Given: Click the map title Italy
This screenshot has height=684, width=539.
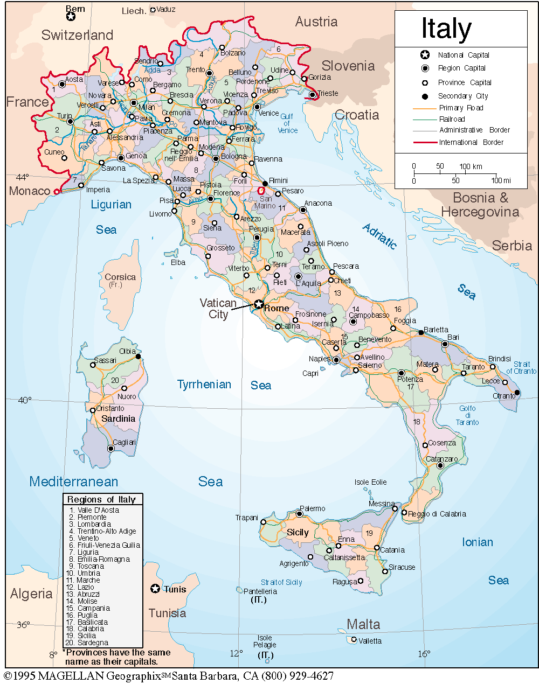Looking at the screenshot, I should (446, 29).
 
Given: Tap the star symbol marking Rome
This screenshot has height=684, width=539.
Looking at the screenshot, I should (259, 304).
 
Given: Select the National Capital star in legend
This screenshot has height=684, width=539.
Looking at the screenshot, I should (425, 55).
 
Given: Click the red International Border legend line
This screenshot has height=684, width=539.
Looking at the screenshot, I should (424, 142).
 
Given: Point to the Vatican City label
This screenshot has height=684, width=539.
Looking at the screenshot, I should (218, 309).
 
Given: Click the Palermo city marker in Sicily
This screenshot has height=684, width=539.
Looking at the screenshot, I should (299, 514).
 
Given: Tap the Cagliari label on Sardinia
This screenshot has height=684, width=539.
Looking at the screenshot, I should (125, 442).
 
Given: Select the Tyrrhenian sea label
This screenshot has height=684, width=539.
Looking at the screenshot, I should (204, 385).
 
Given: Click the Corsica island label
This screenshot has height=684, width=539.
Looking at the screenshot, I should (120, 277).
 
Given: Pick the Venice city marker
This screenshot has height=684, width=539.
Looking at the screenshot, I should (257, 107).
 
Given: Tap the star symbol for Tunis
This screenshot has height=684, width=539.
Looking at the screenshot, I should (155, 589).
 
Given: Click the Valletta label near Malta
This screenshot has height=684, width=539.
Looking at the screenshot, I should (370, 641).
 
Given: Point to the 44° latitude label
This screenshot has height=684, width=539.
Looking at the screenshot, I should (22, 177).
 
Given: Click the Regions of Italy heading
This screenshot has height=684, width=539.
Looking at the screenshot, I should (101, 499).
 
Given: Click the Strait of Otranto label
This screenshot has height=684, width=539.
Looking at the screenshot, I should (521, 367).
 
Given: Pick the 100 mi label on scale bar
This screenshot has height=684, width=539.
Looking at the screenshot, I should (501, 180).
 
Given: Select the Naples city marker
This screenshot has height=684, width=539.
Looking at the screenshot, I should (336, 360).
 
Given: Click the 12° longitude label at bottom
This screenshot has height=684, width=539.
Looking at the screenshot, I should (236, 653).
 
